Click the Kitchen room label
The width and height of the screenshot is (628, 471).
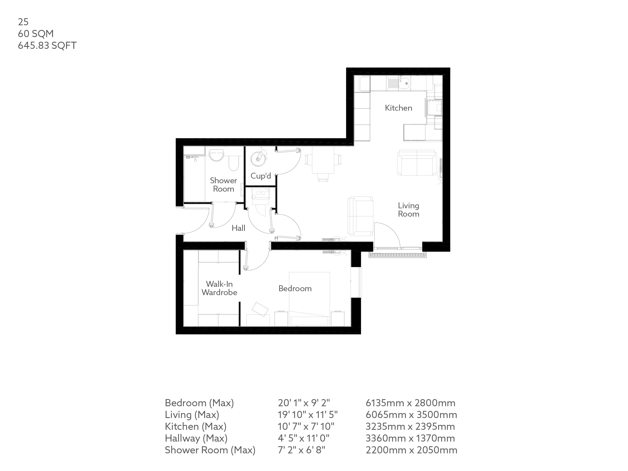pos(398,108)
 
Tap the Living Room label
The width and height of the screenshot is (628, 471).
pos(408,209)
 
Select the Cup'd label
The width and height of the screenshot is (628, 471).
pos(260,176)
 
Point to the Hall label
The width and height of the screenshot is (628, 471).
pos(238,228)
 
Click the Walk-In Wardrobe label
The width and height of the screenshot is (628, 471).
pos(219,288)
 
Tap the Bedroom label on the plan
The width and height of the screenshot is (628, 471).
pos(295,288)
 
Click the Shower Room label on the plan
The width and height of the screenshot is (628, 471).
pos(223,184)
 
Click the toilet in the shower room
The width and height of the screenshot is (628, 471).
pos(234,163)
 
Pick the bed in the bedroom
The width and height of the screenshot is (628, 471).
pos(309,298)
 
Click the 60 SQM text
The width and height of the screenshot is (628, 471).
pos(36,34)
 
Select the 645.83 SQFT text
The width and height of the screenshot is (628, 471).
pos(47,45)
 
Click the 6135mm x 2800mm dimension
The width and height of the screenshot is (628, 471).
pos(410,403)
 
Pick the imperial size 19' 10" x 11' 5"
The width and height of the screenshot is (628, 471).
pos(307,415)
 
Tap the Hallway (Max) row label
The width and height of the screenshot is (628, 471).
pos(196,438)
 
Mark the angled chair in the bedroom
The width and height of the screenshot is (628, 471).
pos(260,309)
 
